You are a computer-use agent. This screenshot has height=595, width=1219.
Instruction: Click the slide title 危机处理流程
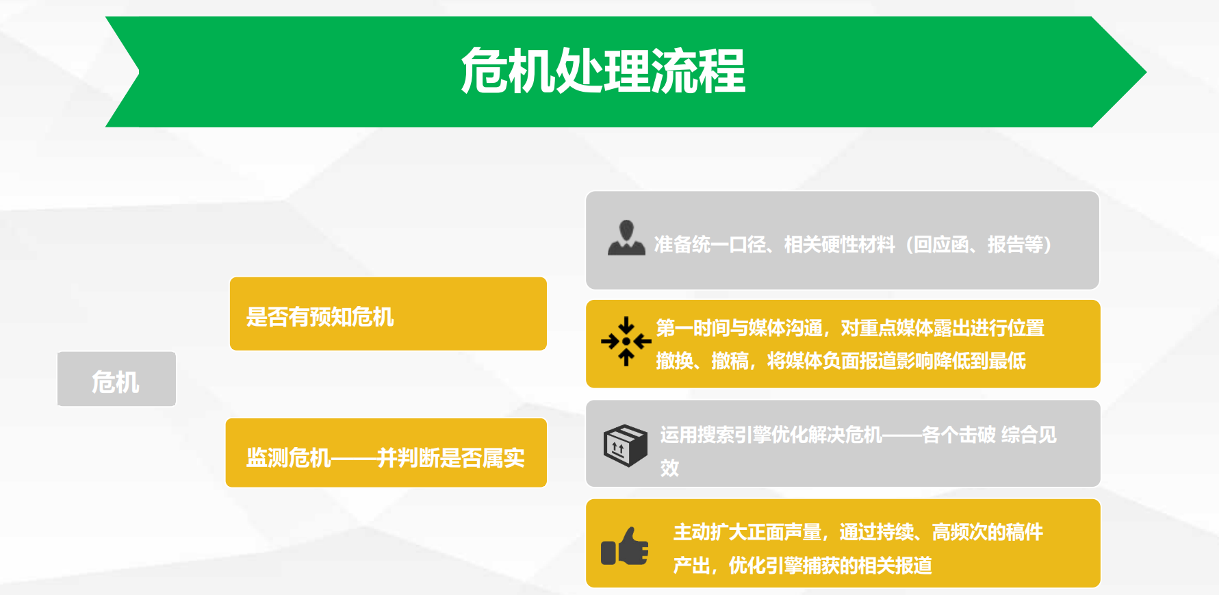603,71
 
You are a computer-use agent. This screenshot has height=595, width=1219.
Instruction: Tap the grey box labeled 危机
116,379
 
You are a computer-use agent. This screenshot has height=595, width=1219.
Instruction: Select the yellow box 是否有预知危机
388,314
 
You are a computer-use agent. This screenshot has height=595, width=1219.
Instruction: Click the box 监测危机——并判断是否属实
386,453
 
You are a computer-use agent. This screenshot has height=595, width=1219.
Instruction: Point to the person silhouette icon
626,238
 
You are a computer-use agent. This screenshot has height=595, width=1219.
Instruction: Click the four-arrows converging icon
626,341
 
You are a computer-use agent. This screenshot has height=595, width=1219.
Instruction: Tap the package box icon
625,445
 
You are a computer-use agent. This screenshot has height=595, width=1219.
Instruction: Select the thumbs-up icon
624,546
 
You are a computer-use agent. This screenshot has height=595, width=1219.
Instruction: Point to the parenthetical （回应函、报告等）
979,244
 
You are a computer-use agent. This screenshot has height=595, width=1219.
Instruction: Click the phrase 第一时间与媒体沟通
739,328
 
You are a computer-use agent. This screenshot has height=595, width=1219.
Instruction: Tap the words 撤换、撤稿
702,361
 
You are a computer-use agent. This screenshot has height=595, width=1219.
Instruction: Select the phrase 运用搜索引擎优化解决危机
771,435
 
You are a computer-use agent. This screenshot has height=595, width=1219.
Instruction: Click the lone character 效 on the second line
669,468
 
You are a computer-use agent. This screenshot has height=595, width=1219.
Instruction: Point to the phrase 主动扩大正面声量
747,532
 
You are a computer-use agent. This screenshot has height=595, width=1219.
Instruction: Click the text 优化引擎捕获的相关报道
830,566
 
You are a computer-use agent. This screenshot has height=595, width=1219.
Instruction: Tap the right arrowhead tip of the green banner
1146,72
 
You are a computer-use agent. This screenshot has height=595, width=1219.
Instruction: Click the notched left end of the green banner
139,71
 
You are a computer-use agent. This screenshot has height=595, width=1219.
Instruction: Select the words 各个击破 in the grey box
959,435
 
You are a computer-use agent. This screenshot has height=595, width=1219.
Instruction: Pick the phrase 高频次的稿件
988,532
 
